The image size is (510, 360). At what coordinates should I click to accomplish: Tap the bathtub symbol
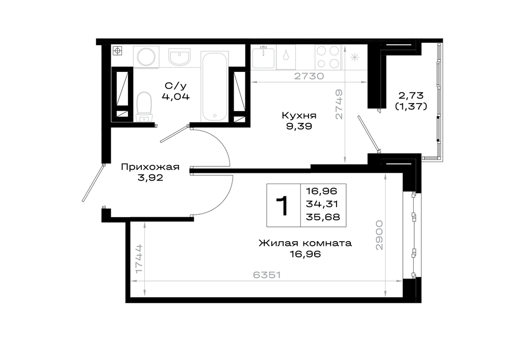click(x=214, y=87)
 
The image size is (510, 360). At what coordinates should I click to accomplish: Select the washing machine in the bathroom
click(x=146, y=57)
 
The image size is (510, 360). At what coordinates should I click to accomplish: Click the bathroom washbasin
click(x=179, y=57)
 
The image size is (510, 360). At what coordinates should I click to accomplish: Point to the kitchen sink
click(x=263, y=57)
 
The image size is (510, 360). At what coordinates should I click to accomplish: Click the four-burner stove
click(x=328, y=57)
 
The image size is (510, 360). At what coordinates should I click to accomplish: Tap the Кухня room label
click(x=299, y=115)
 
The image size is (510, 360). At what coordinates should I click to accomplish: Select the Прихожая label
click(x=150, y=167)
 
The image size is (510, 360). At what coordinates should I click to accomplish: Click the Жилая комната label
click(x=305, y=243)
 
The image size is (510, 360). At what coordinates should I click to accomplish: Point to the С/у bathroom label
click(x=175, y=86)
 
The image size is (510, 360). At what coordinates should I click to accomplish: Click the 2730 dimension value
click(x=309, y=76)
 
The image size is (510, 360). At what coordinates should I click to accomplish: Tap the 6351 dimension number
click(x=267, y=275)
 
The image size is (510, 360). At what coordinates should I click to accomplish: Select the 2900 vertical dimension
click(x=379, y=235)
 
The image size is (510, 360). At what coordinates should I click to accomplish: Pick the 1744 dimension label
click(x=139, y=259)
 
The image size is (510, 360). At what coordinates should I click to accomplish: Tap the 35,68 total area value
click(x=323, y=217)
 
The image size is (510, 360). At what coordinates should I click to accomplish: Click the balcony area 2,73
click(x=411, y=95)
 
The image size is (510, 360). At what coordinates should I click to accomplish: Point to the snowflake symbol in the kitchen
click(x=354, y=58)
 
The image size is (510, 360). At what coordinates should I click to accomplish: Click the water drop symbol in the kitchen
click(x=286, y=55)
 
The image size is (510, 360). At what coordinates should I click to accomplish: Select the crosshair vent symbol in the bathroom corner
click(x=117, y=51)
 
